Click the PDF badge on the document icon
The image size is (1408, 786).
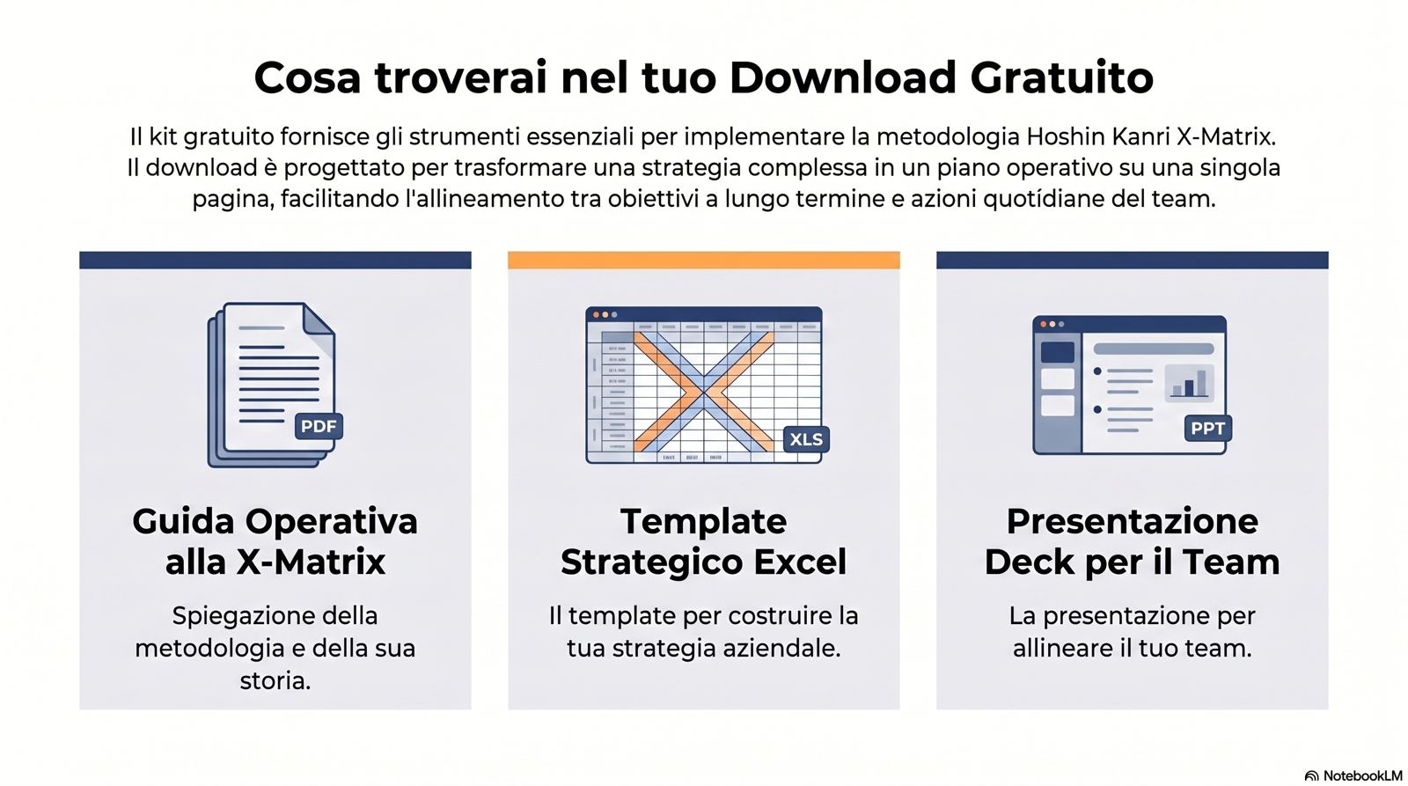pos(319,426)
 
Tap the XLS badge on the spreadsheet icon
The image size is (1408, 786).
pos(806,439)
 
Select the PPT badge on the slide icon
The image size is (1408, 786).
pos(1207,429)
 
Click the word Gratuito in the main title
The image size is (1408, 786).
pos(1061,77)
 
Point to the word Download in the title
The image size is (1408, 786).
pos(843,77)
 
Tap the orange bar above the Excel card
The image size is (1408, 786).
pos(703,260)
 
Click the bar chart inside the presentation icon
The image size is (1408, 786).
pos(1189,382)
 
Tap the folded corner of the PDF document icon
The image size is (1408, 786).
pos(319,320)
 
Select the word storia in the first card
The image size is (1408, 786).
pos(275,681)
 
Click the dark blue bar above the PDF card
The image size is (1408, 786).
pos(275,260)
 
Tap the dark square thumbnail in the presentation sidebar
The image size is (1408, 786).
pos(1058,352)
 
